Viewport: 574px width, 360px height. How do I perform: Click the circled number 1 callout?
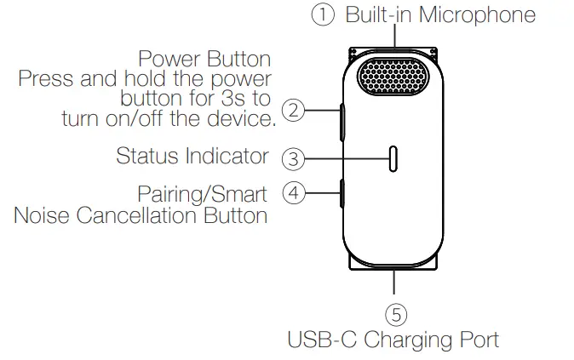pyautogui.click(x=323, y=15)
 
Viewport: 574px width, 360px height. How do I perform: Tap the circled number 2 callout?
pyautogui.click(x=294, y=110)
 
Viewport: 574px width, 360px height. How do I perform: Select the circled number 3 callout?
pyautogui.click(x=293, y=158)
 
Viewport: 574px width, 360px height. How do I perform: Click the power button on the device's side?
pyautogui.click(x=342, y=122)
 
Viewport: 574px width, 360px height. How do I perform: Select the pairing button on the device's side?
pyautogui.click(x=341, y=194)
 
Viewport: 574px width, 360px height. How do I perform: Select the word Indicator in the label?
pyautogui.click(x=227, y=157)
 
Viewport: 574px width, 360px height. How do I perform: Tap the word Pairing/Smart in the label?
pyautogui.click(x=202, y=194)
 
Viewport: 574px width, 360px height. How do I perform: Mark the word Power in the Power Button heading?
pyautogui.click(x=169, y=60)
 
